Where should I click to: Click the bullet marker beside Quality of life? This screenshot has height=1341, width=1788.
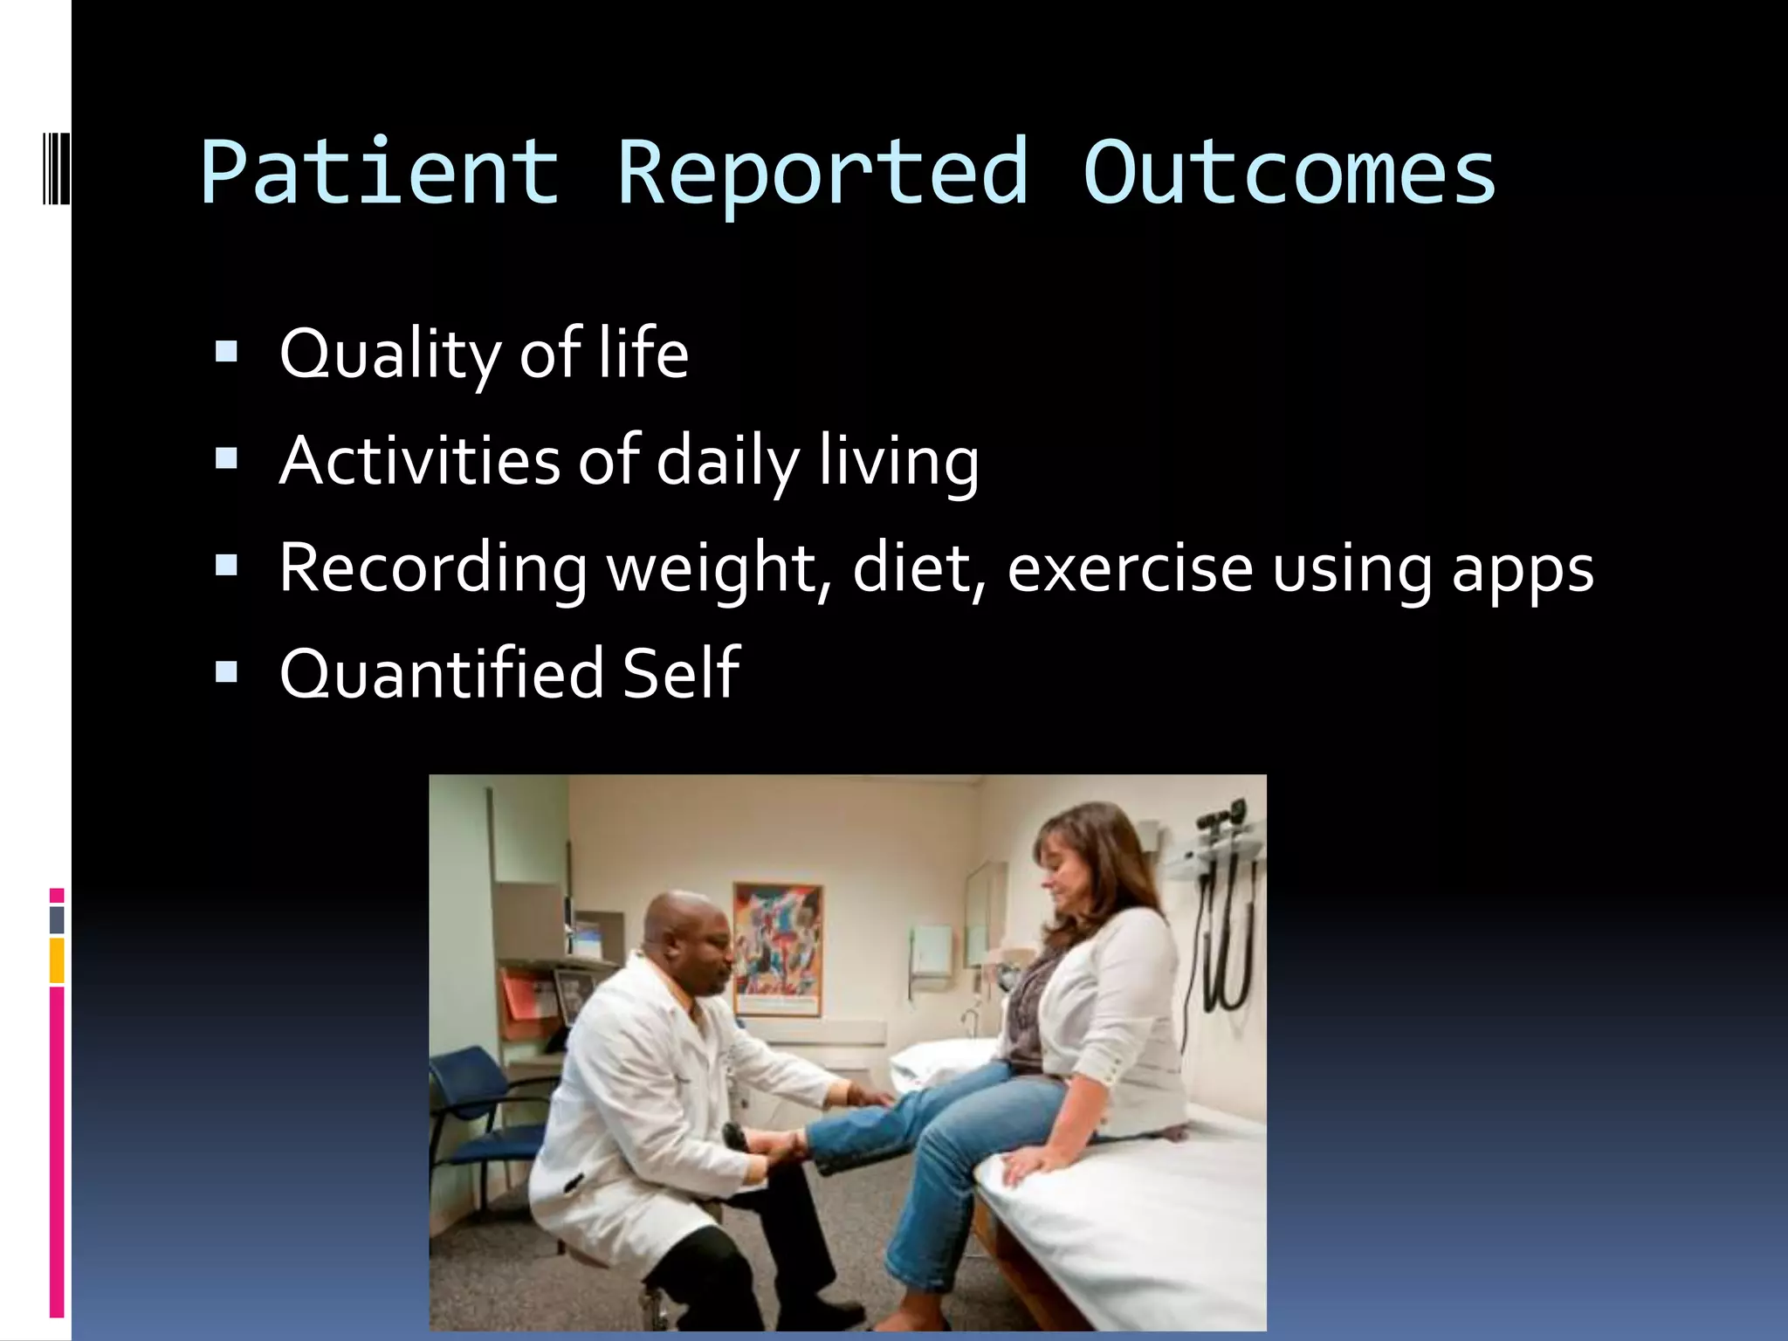(226, 352)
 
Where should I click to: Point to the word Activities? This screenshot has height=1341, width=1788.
(419, 460)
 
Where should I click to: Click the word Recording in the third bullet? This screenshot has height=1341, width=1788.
(433, 568)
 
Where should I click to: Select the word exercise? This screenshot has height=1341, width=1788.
(1130, 568)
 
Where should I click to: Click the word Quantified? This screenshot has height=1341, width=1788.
(441, 674)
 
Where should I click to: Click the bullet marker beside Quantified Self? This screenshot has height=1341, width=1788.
(226, 671)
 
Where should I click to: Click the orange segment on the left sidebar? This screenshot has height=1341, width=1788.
(57, 960)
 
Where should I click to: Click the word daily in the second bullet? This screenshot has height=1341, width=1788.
(726, 462)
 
